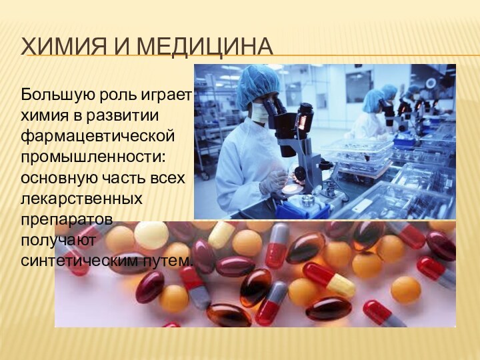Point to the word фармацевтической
[98, 136]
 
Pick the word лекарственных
[81, 199]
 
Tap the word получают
[59, 239]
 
